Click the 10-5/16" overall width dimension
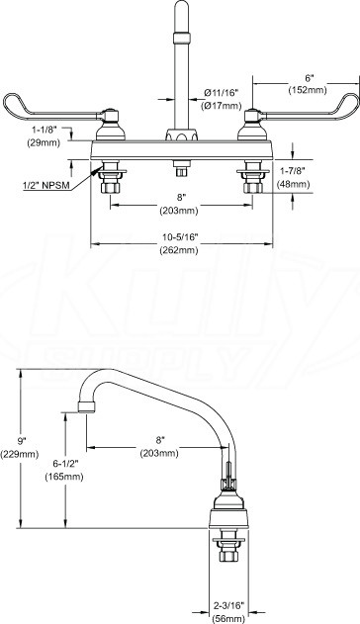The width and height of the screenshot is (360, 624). [x=180, y=237]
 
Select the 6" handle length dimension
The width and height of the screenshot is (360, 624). [x=308, y=77]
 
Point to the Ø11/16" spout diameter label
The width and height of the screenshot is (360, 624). [x=222, y=93]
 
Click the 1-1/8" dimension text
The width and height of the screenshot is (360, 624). [x=44, y=130]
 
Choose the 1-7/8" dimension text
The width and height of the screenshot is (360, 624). [x=293, y=171]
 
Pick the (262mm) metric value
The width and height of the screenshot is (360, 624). [x=179, y=250]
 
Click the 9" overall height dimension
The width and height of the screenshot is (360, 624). [x=21, y=440]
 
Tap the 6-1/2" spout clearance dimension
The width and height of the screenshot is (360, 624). [x=65, y=463]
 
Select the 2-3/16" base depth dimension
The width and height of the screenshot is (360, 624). [x=228, y=606]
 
